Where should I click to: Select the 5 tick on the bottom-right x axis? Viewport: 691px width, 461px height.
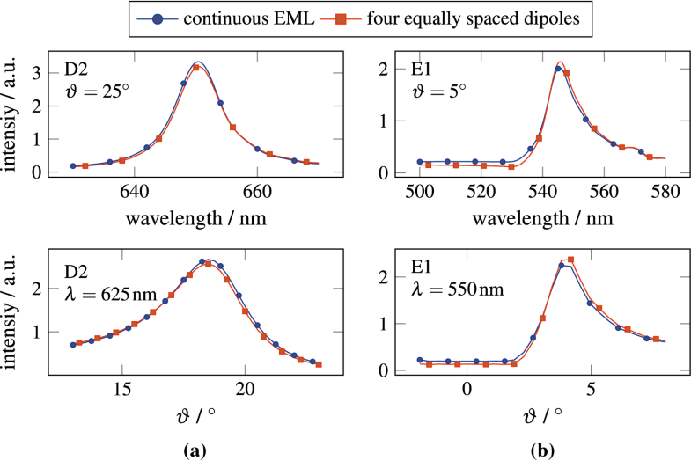tap(591, 389)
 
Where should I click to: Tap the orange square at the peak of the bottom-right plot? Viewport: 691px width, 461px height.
tap(570, 260)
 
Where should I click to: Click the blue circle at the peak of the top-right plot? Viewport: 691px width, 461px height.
tap(558, 69)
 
